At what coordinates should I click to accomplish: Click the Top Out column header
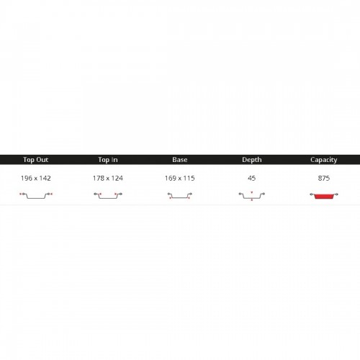point(36,160)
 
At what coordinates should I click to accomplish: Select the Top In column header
point(108,160)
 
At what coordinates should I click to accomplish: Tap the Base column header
point(180,160)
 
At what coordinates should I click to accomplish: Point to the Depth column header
point(252,160)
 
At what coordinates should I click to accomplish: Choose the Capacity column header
point(324,160)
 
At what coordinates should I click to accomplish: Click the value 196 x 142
point(36,178)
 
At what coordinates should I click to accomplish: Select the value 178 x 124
point(108,178)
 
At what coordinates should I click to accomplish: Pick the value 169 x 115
point(180,178)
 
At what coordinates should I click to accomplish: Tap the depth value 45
point(252,178)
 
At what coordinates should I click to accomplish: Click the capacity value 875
point(324,178)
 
